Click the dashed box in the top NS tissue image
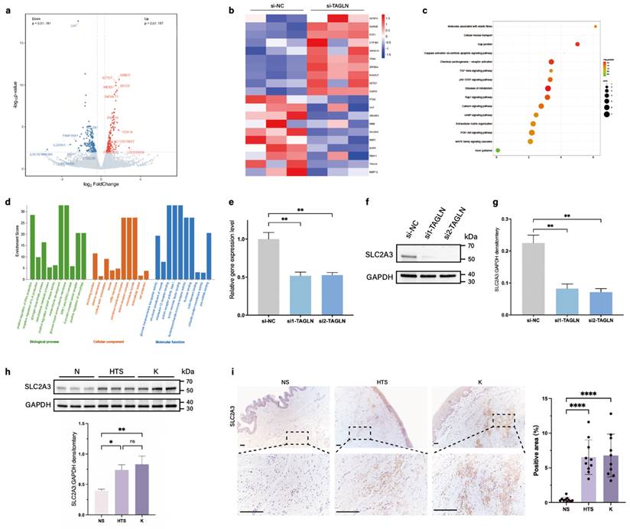[296, 435]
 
